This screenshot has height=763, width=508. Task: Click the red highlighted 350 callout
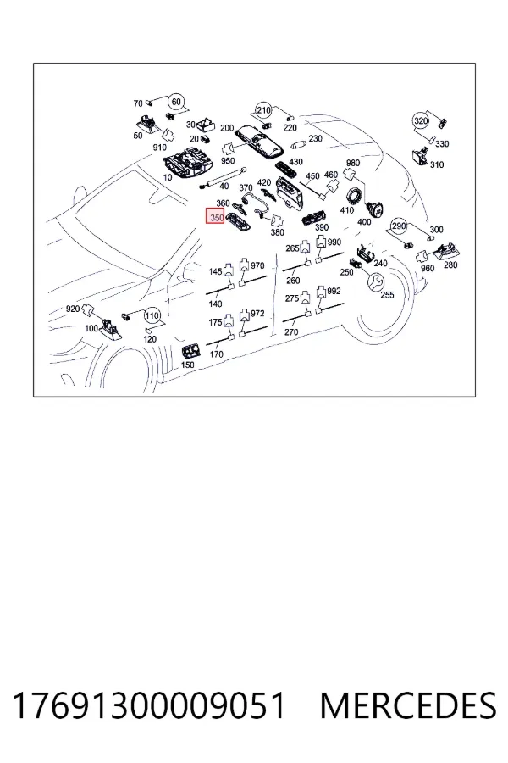coord(215,216)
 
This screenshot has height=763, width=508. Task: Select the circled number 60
coord(176,103)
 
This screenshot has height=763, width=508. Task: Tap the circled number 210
coord(263,110)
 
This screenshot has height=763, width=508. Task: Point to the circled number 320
coord(421,120)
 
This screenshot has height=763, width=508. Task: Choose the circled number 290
coord(399,226)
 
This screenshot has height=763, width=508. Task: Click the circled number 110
coord(152,316)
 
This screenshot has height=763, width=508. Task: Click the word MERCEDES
coord(408,705)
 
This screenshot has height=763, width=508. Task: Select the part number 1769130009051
coord(148,705)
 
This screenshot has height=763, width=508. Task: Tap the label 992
coord(334,291)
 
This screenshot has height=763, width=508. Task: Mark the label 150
coord(187,365)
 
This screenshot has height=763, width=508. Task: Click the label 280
coord(450,265)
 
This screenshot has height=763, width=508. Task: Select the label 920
coord(73,309)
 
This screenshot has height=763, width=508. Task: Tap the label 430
coord(295,162)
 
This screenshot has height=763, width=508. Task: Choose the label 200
coord(227,128)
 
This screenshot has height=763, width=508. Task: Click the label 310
coord(437,164)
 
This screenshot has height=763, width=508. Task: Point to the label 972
coord(257,313)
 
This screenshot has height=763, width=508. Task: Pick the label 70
coord(138,103)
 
